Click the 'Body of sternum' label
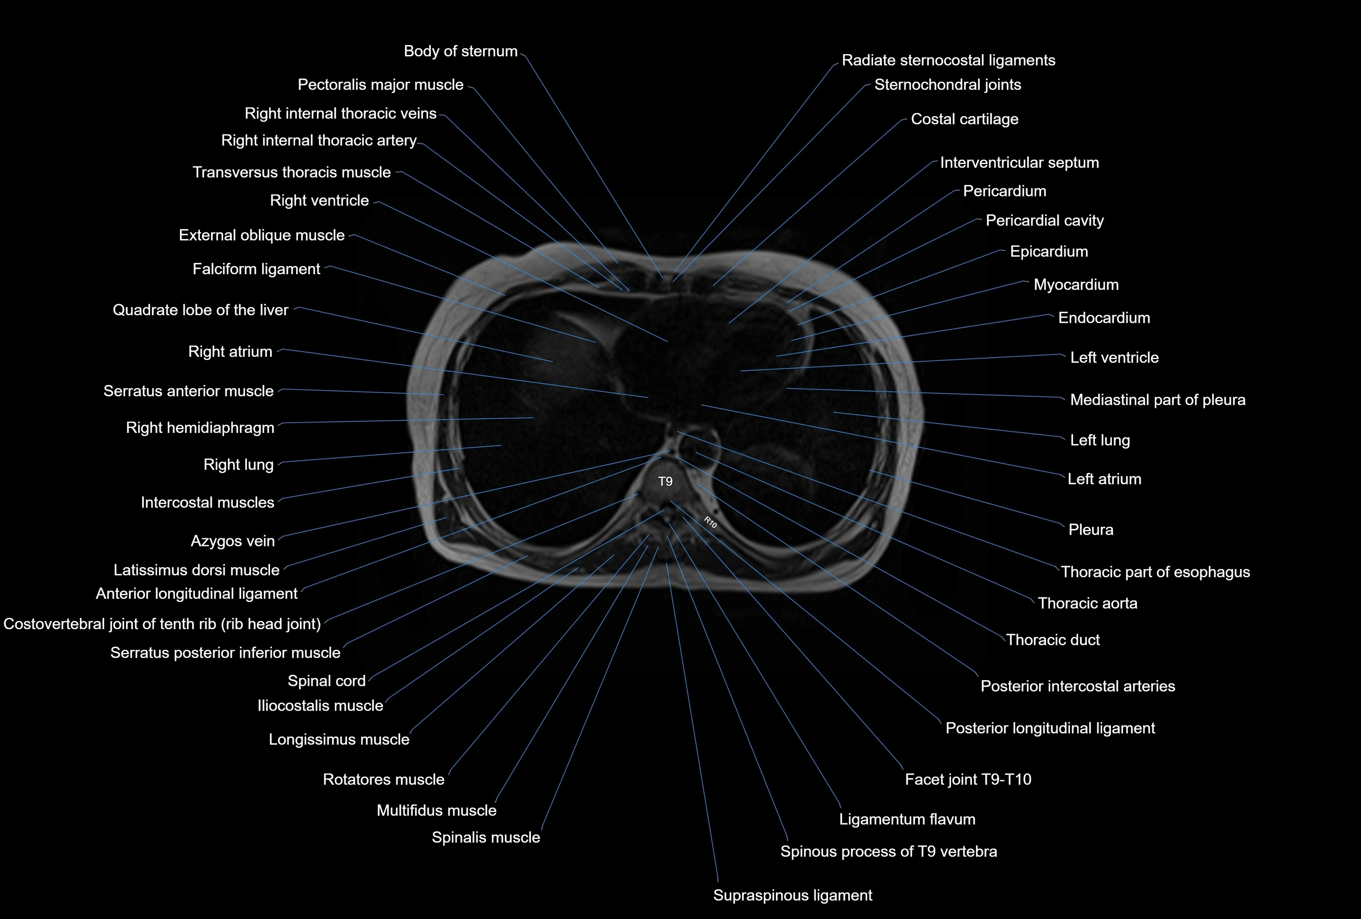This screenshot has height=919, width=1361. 461,51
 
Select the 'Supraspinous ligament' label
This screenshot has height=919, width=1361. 792,895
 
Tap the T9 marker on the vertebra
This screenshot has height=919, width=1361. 665,482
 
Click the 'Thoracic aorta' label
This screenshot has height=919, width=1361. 1087,603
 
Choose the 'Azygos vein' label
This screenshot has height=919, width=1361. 232,541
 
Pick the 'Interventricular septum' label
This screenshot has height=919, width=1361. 1019,163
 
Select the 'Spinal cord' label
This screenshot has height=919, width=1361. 326,681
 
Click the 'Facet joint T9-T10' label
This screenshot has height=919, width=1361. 968,779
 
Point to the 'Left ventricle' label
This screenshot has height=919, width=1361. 1114,358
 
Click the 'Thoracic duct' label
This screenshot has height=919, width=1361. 1052,639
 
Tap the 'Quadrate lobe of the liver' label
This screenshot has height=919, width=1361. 200,310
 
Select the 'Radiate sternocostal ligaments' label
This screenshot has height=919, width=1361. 948,60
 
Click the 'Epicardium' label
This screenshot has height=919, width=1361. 1048,252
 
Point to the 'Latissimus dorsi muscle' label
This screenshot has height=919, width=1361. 196,570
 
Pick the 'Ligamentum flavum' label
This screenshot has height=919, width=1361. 907,819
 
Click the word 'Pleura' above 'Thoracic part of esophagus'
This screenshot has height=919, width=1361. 1090,530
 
